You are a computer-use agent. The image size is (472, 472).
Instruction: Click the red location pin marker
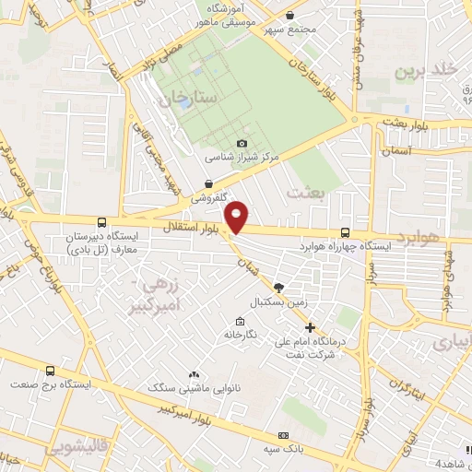tap(238, 217)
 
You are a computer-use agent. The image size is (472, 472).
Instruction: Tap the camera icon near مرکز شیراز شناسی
tap(242, 144)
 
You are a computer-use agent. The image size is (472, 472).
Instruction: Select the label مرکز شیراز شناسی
tap(242, 158)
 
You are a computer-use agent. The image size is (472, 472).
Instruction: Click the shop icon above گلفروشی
tap(210, 183)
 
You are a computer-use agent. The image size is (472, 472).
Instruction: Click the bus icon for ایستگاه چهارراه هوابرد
tap(345, 233)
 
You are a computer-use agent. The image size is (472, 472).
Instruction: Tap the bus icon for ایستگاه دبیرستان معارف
tap(100, 222)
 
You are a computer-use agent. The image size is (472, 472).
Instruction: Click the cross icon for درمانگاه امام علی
tap(310, 327)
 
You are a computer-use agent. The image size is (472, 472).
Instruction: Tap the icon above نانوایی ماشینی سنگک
tap(194, 375)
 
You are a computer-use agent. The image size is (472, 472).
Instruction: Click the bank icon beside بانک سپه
tap(283, 435)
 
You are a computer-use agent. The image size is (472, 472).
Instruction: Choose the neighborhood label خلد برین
tap(425, 70)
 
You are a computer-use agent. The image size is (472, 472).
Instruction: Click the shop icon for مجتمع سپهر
tap(290, 16)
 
